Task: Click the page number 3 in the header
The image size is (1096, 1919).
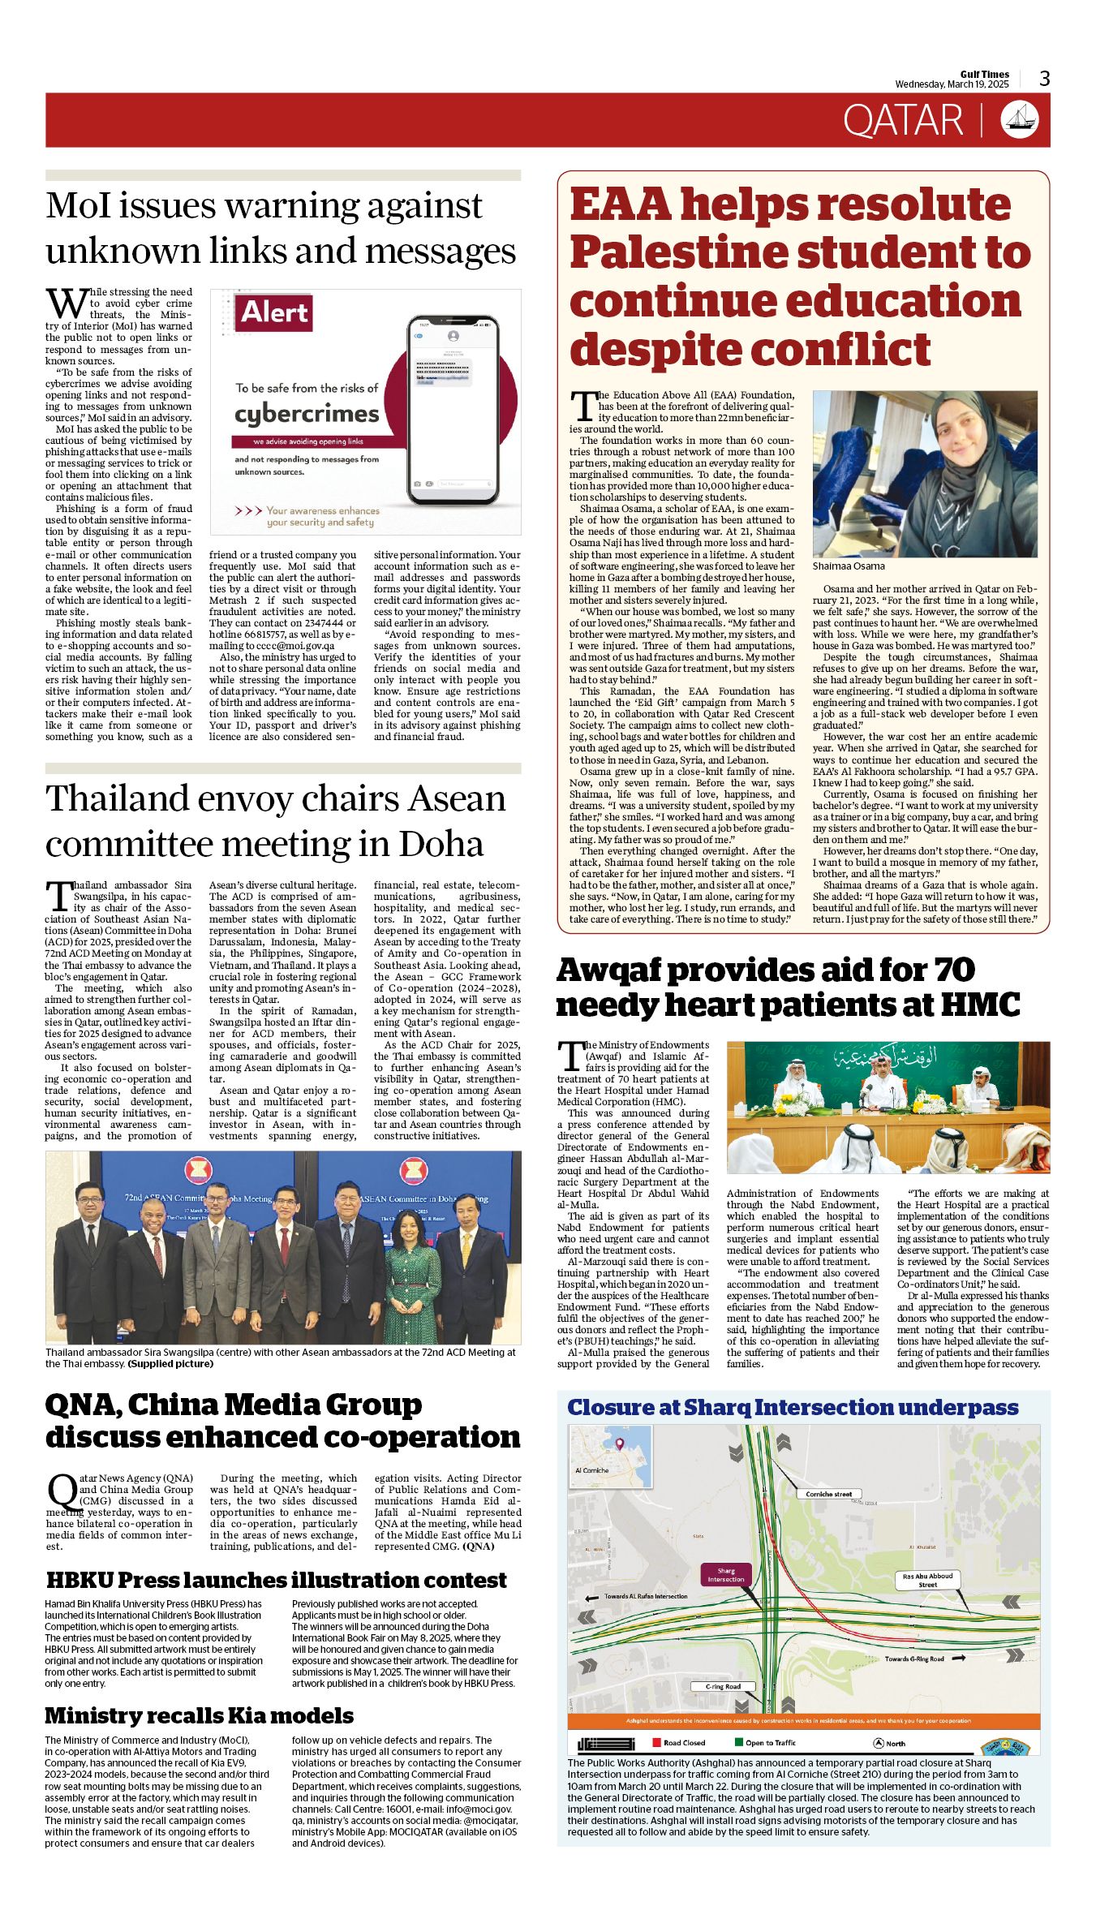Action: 1044,79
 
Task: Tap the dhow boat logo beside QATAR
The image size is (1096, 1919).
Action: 1021,119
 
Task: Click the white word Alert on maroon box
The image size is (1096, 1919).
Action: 274,313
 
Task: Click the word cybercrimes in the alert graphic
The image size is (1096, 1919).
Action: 307,414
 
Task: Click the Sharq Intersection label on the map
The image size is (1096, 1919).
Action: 725,1575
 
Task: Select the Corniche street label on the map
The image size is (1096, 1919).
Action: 828,1494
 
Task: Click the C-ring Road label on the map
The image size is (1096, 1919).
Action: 722,1686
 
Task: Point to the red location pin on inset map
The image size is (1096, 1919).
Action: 620,1444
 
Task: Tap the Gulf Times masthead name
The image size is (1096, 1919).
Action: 984,74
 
